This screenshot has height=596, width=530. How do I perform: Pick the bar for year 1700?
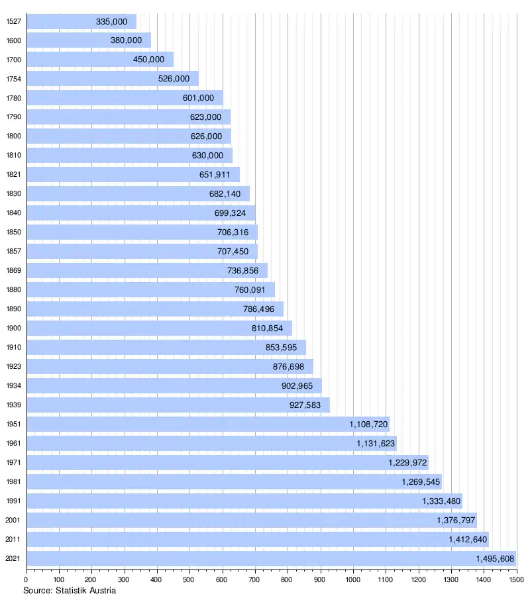pyautogui.click(x=99, y=60)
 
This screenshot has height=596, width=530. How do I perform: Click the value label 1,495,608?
pyautogui.click(x=495, y=558)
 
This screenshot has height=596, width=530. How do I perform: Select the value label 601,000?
pyautogui.click(x=198, y=98)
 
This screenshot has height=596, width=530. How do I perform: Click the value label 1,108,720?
pyautogui.click(x=369, y=424)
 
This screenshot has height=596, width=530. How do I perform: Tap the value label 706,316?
pyautogui.click(x=233, y=232)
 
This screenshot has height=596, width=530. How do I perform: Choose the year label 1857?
pyautogui.click(x=13, y=252)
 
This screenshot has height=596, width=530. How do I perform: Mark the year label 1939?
pyautogui.click(x=13, y=405)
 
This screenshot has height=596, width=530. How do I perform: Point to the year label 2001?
pyautogui.click(x=13, y=521)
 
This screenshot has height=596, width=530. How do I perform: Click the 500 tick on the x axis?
pyautogui.click(x=189, y=580)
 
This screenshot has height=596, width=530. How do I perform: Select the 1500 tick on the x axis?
pyautogui.click(x=516, y=580)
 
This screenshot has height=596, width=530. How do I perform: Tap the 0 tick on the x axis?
pyautogui.click(x=26, y=580)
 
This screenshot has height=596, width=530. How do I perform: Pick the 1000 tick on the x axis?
pyautogui.click(x=353, y=580)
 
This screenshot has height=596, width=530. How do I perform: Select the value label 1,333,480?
pyautogui.click(x=441, y=501)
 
